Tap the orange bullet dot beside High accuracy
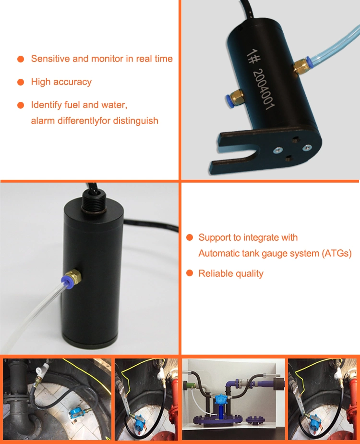point(21,82)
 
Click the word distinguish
point(136,121)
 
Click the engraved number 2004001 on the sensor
point(264,89)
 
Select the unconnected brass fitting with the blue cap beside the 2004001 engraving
point(235,97)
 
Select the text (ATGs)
point(337,253)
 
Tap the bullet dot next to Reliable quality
point(190,273)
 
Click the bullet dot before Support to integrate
point(190,237)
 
